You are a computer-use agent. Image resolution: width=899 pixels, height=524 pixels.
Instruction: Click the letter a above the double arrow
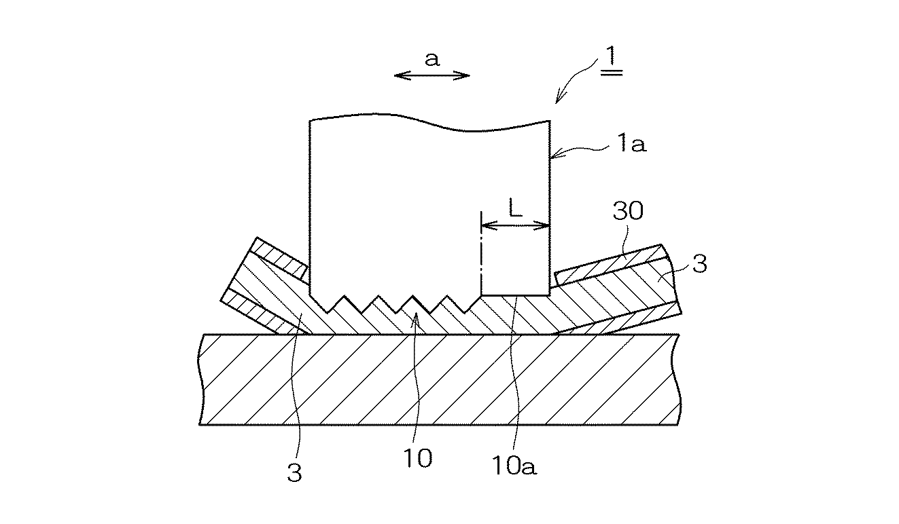(432, 59)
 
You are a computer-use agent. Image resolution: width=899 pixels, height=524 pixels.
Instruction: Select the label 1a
(632, 143)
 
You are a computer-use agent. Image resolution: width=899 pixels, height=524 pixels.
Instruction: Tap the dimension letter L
(515, 209)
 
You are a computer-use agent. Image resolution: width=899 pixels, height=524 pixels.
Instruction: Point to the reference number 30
(628, 210)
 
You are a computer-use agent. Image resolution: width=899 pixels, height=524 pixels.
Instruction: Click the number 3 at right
(699, 264)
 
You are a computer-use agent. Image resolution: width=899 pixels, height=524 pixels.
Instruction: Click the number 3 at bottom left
(294, 472)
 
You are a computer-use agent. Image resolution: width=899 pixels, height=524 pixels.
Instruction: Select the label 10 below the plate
(418, 459)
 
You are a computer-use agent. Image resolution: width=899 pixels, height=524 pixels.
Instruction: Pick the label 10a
(514, 466)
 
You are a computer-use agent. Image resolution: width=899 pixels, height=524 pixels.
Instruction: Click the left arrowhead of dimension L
(485, 226)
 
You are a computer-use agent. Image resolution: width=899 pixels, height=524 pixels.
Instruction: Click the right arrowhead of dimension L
(546, 226)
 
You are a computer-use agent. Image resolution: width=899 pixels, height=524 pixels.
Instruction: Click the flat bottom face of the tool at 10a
(515, 295)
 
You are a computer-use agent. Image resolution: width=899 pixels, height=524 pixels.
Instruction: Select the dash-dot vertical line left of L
(481, 253)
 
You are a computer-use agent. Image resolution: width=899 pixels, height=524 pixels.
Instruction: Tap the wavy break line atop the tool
(429, 122)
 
